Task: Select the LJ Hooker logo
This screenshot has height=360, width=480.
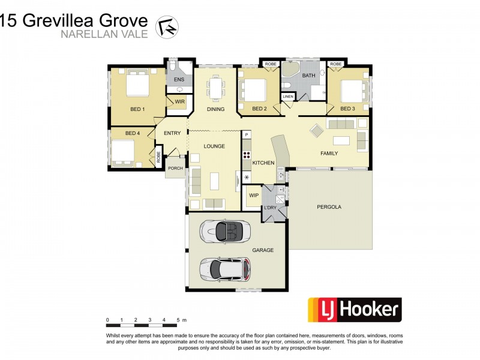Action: coord(354,310)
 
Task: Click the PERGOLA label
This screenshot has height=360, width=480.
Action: coord(329,207)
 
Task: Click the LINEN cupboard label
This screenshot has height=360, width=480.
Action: coord(288,97)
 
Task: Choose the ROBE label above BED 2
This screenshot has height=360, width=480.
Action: coord(270,64)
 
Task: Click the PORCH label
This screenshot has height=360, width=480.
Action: coord(175,169)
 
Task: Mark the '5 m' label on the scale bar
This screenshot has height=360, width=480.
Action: coord(181,320)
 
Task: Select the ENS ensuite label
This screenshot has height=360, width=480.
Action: coord(179,80)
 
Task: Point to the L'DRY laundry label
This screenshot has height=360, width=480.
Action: coord(271,208)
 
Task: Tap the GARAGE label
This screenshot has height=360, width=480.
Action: coord(262,250)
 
